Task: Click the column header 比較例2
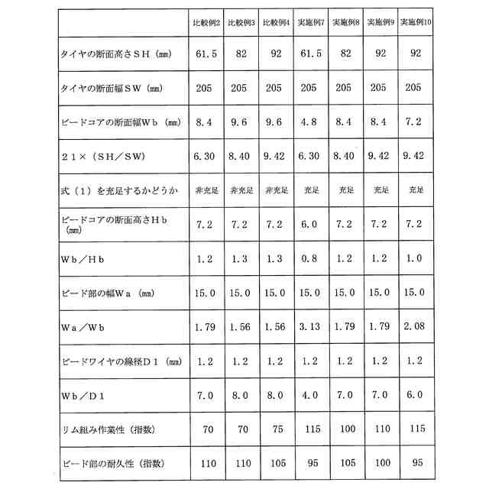click(x=207, y=24)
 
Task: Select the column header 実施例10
click(x=416, y=24)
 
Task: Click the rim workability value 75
click(x=277, y=430)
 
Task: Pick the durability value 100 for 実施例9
click(x=381, y=463)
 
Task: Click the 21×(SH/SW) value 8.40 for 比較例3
click(x=241, y=156)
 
